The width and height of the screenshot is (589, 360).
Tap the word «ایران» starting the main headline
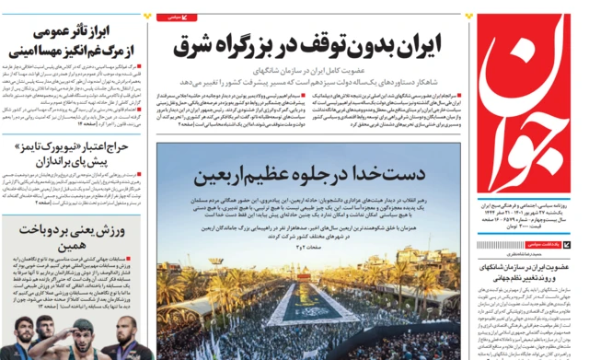coord(415,41)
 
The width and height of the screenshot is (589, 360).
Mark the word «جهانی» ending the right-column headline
coord(493,280)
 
